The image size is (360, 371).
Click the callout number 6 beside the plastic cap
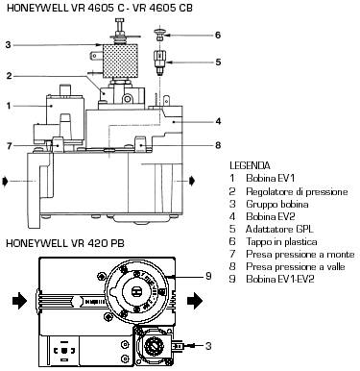click(x=218, y=35)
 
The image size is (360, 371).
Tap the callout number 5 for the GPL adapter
click(x=218, y=62)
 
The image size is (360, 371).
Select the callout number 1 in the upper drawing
click(x=9, y=106)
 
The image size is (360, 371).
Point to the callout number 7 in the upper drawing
click(x=10, y=146)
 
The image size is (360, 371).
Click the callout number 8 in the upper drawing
click(x=218, y=145)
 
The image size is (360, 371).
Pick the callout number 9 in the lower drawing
click(x=208, y=276)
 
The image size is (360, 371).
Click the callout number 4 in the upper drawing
click(x=218, y=121)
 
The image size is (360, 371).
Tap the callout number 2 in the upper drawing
click(x=10, y=76)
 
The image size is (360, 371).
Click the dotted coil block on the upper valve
click(x=120, y=61)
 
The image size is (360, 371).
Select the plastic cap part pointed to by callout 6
click(x=158, y=35)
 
